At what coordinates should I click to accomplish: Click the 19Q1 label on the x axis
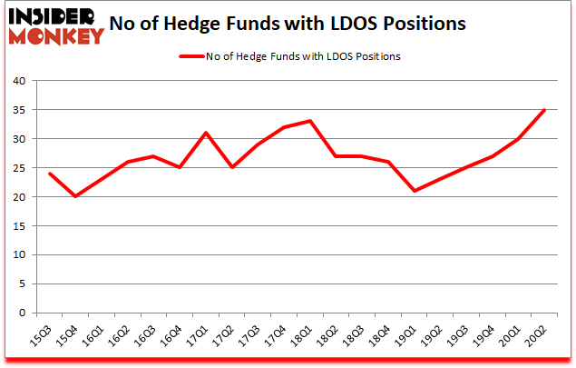[x=409, y=337]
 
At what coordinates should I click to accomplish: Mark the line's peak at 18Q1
[x=310, y=121]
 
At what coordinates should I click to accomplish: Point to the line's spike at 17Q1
[x=206, y=133]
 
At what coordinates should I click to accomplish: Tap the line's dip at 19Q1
[x=415, y=191]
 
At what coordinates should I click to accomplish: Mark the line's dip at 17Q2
[x=232, y=167]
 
